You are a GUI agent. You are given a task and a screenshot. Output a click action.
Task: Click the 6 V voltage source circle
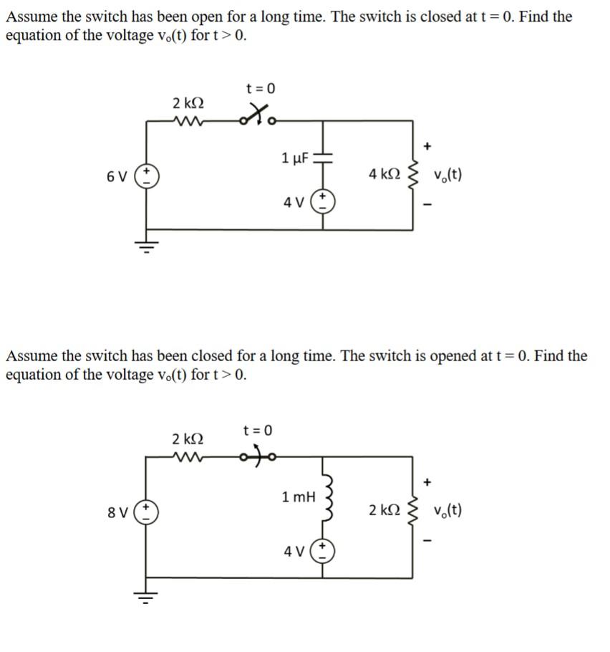click(148, 175)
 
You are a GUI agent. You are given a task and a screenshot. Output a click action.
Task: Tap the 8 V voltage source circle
click(148, 512)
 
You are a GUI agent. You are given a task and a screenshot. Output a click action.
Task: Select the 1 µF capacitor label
click(295, 158)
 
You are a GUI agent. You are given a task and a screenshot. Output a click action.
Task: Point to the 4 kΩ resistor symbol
click(412, 173)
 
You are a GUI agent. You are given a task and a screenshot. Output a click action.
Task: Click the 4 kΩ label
click(384, 174)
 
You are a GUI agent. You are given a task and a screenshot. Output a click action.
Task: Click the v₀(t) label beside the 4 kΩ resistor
click(447, 174)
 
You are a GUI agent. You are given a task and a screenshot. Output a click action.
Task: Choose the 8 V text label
click(117, 513)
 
